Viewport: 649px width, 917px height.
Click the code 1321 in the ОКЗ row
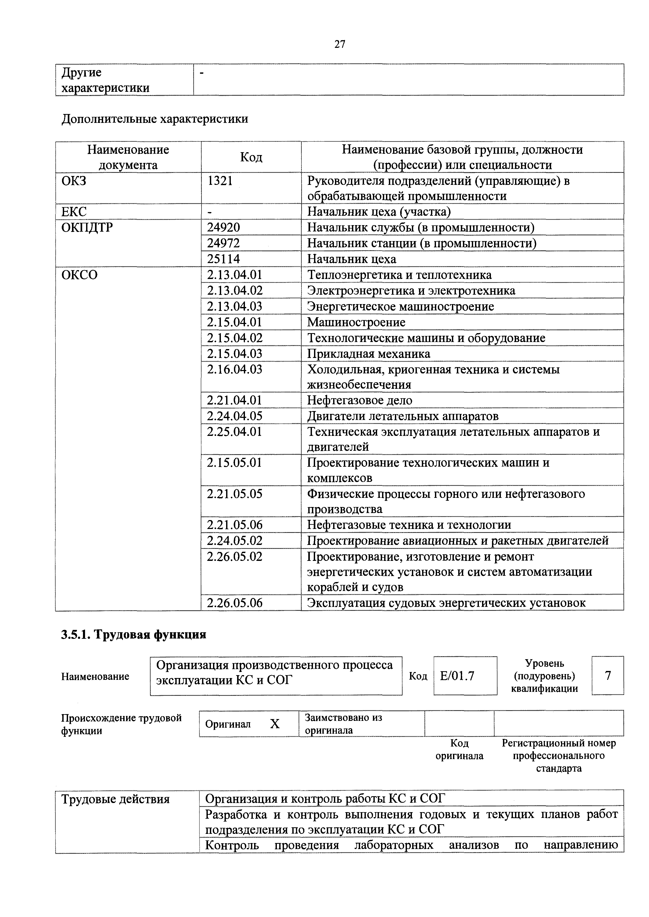tap(220, 181)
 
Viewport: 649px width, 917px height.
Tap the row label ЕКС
tap(74, 212)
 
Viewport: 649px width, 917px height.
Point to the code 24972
tap(223, 243)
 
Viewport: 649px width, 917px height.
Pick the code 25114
tap(223, 259)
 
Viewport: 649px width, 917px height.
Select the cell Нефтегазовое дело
tap(359, 400)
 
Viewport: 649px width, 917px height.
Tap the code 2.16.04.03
tap(234, 369)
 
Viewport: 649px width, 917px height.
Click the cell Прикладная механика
tap(368, 354)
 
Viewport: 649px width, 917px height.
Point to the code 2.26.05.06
tap(234, 603)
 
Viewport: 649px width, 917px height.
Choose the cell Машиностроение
tap(356, 322)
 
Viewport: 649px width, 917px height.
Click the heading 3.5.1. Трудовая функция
tap(133, 635)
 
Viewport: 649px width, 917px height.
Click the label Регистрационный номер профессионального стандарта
tap(559, 756)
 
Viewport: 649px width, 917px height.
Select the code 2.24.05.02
tap(234, 541)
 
